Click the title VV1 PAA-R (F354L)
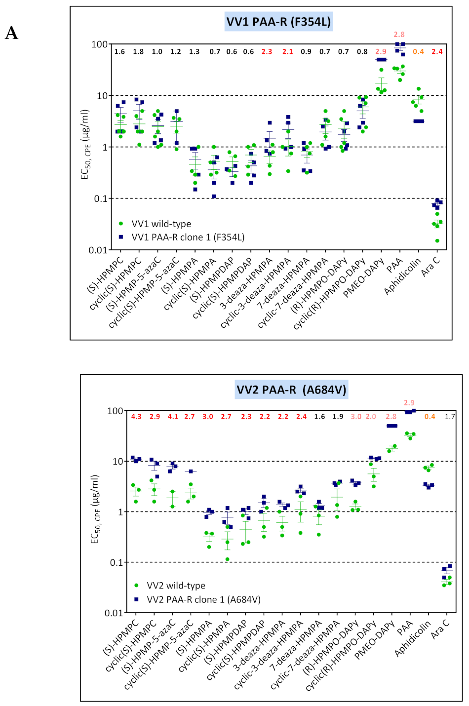tap(278, 22)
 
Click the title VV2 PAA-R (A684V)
tap(291, 390)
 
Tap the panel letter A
tap(11, 33)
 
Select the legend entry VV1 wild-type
tap(161, 224)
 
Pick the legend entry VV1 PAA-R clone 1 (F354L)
tap(188, 237)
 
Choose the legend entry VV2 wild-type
tap(176, 586)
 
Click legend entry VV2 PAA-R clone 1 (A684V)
tap(203, 599)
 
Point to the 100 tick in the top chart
tap(99, 44)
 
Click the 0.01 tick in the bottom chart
tap(114, 613)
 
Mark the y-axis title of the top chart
tap(85, 144)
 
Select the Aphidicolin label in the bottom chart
tap(413, 639)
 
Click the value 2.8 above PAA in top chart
tap(399, 35)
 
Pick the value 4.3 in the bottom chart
tap(136, 417)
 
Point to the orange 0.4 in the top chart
tap(418, 52)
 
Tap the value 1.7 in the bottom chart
tap(450, 417)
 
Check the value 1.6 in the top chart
tap(119, 52)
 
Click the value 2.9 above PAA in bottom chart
tap(409, 403)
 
